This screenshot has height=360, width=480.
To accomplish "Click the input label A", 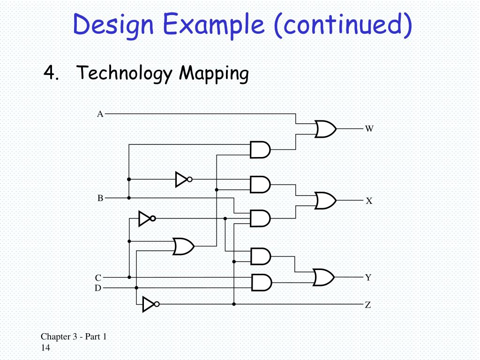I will click(100, 114).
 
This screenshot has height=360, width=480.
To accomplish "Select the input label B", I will click(100, 198).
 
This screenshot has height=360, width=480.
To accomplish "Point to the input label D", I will click(98, 288).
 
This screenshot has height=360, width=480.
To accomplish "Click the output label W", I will click(369, 128).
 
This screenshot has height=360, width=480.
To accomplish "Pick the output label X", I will click(369, 201).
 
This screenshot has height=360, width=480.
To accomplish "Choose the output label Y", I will click(368, 277).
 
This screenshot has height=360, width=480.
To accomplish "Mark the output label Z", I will click(368, 305).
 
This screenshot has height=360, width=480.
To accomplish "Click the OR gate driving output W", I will click(325, 128).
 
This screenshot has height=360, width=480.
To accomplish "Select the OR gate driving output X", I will click(325, 201).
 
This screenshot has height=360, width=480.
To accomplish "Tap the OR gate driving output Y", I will click(324, 277).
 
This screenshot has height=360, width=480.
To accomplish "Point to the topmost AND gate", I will click(260, 150).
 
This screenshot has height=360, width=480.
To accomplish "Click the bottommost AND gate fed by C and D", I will click(261, 282).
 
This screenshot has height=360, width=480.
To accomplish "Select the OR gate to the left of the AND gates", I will click(183, 246).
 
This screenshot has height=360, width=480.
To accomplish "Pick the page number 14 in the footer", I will click(45, 348).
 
